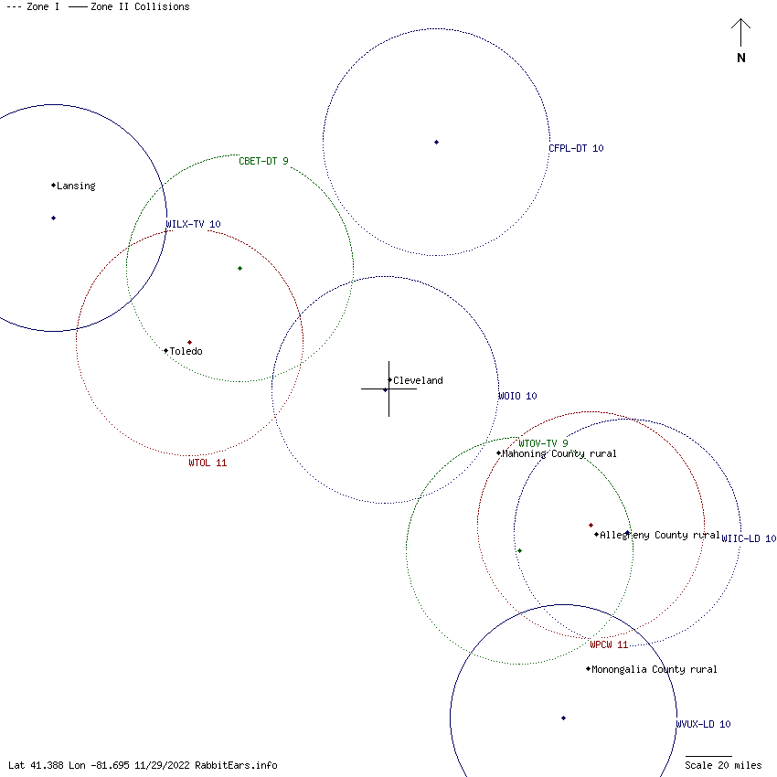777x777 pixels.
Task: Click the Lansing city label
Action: [x=76, y=186]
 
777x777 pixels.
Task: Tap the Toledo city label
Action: [x=186, y=352]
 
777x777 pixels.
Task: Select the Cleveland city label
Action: [x=418, y=381]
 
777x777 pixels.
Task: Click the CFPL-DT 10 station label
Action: [x=576, y=148]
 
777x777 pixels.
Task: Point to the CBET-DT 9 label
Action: [x=263, y=162]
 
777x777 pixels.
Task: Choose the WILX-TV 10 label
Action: [x=193, y=224]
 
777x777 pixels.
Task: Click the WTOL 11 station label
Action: [x=208, y=463]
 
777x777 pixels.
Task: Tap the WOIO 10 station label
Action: [x=517, y=397]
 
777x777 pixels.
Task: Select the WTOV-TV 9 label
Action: [x=543, y=443]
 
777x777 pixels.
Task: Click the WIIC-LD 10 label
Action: [x=749, y=539]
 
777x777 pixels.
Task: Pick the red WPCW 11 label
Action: [x=609, y=645]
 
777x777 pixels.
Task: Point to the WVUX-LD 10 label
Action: [x=703, y=725]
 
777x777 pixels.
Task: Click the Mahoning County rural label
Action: [x=559, y=454]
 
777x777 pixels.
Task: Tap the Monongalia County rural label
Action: [x=654, y=670]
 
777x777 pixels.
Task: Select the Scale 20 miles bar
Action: [x=708, y=757]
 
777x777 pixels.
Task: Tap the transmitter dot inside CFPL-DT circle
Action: [x=437, y=142]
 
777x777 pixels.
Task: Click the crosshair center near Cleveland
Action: [x=388, y=388]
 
